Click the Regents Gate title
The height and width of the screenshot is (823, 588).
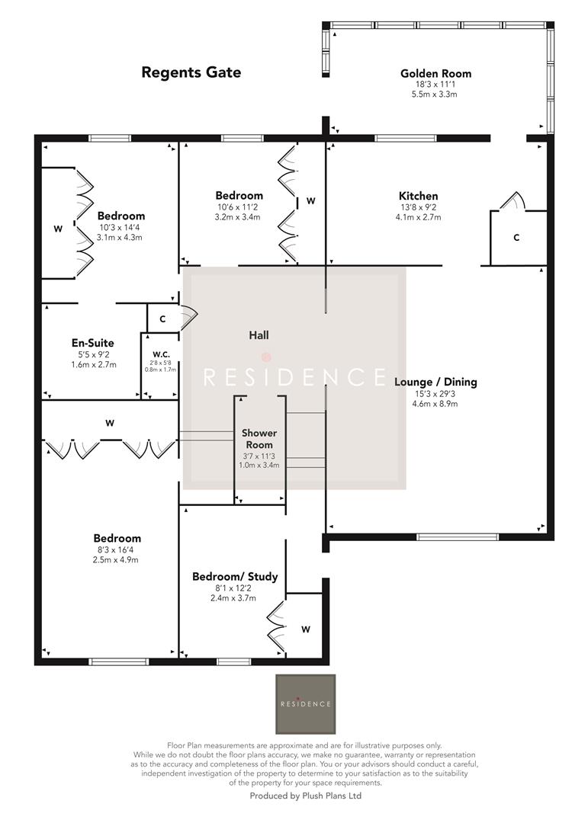(x=191, y=72)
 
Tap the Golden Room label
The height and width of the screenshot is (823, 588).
(x=435, y=74)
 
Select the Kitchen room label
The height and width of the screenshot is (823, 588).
(x=418, y=196)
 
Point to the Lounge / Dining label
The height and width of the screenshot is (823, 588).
(x=436, y=382)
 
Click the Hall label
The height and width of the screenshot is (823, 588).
(x=259, y=335)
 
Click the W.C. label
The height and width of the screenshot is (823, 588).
(x=160, y=354)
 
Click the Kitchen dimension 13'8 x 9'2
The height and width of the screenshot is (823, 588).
(x=418, y=207)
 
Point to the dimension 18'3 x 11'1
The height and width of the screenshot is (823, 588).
(x=435, y=85)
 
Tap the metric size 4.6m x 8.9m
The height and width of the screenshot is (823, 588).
(x=436, y=403)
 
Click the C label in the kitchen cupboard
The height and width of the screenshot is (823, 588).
(x=516, y=239)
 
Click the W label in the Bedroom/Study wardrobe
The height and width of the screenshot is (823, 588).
(x=306, y=629)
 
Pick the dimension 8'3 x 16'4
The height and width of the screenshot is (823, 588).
(x=117, y=549)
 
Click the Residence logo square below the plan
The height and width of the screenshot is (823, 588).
(x=305, y=703)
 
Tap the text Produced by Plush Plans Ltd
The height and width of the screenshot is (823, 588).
(x=305, y=796)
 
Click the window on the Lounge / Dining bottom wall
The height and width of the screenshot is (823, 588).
(x=458, y=537)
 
